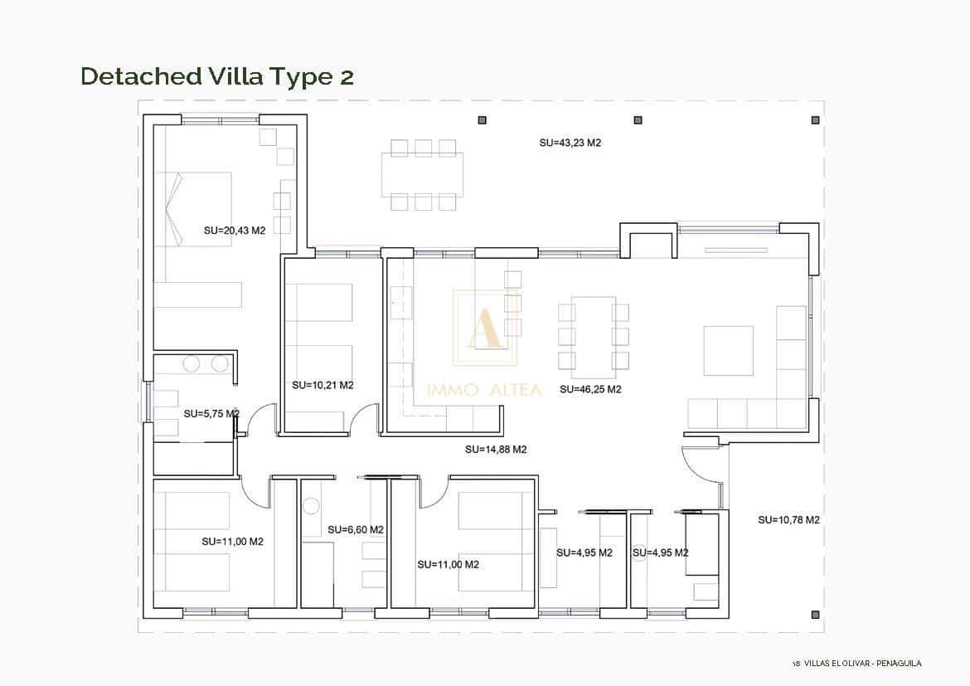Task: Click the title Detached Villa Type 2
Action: (217, 76)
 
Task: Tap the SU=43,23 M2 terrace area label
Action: (570, 143)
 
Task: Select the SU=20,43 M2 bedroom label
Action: (234, 231)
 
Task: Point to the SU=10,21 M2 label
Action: (323, 385)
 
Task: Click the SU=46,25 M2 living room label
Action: (590, 389)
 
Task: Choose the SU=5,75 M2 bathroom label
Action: (211, 413)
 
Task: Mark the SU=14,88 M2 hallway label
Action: (496, 450)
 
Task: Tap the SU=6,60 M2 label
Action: (355, 529)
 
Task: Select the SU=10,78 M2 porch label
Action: (788, 520)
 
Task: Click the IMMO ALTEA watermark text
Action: (484, 390)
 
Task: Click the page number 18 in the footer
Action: (796, 663)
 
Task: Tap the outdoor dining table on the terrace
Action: (422, 174)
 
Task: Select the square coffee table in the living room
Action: (728, 350)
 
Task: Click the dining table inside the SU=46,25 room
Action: (594, 336)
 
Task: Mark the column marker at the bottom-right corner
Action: (815, 615)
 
